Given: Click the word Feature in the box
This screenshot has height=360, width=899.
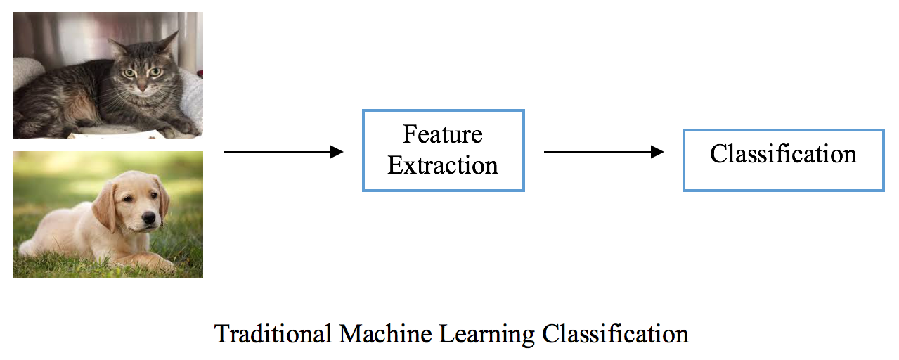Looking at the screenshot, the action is pyautogui.click(x=443, y=134).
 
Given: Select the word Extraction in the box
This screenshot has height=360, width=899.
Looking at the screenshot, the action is pyautogui.click(x=443, y=165).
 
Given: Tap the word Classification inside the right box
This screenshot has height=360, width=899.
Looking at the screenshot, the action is pyautogui.click(x=783, y=154).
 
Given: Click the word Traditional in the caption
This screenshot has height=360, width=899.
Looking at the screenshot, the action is pyautogui.click(x=273, y=333).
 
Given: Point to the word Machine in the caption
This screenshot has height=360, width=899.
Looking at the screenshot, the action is pyautogui.click(x=385, y=333).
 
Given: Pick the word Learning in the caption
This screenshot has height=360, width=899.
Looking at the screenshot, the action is pyautogui.click(x=487, y=335).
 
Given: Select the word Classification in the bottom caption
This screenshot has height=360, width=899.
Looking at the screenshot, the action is pyautogui.click(x=615, y=333).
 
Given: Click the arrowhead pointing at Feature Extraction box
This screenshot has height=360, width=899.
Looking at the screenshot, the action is pyautogui.click(x=337, y=152).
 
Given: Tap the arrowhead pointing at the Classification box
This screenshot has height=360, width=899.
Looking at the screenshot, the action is pyautogui.click(x=657, y=152).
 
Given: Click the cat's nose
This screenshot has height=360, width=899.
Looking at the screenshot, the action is pyautogui.click(x=142, y=85).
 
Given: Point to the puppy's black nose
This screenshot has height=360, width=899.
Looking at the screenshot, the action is pyautogui.click(x=149, y=217).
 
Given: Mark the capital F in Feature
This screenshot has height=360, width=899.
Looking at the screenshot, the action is pyautogui.click(x=410, y=134).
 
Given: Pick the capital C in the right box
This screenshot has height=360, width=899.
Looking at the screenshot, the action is pyautogui.click(x=718, y=154).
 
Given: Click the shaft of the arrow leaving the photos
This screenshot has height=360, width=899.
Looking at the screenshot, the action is pyautogui.click(x=277, y=152).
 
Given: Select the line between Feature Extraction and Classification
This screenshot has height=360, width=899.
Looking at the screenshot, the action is pyautogui.click(x=597, y=152).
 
